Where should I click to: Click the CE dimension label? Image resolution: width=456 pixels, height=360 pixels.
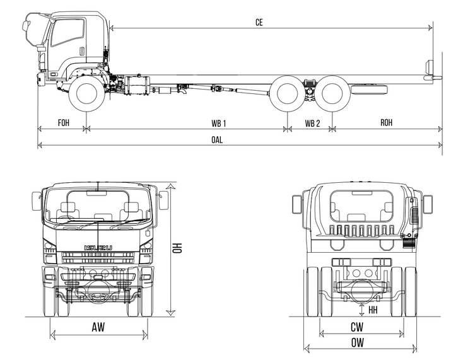259,22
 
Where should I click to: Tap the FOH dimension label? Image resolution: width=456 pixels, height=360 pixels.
64,122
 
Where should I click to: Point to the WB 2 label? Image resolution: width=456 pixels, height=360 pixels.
312,122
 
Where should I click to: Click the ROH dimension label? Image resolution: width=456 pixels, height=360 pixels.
386,122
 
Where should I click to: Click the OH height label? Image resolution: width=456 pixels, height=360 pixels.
178,250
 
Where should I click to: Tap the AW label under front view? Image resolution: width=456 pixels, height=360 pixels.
98,327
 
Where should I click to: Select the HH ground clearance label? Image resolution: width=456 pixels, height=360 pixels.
373,310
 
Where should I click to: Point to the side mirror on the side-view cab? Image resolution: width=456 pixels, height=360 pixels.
26,26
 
